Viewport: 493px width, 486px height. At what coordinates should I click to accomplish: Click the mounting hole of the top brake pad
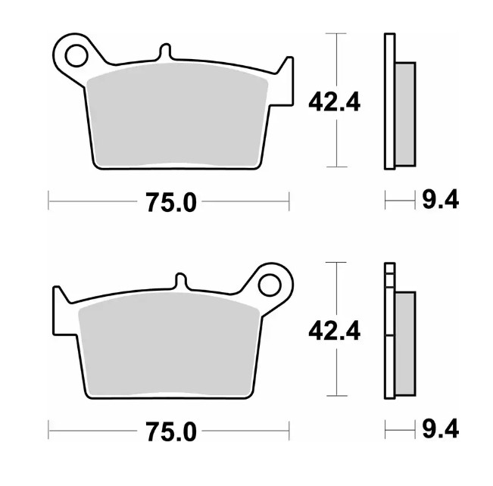[76, 55]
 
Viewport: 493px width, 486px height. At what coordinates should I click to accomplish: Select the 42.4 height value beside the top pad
[334, 101]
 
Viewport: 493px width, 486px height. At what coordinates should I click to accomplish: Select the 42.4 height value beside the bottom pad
[334, 329]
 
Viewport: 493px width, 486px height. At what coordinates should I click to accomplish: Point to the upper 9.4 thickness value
[439, 201]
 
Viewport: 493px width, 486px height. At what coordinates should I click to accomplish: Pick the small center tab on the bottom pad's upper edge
[180, 281]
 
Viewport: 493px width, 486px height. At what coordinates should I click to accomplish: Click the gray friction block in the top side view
[405, 114]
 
